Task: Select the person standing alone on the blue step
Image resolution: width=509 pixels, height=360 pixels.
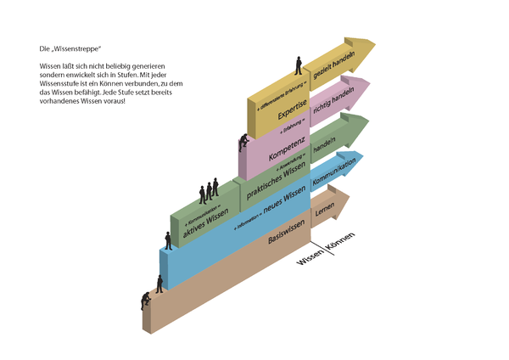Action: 168,239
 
